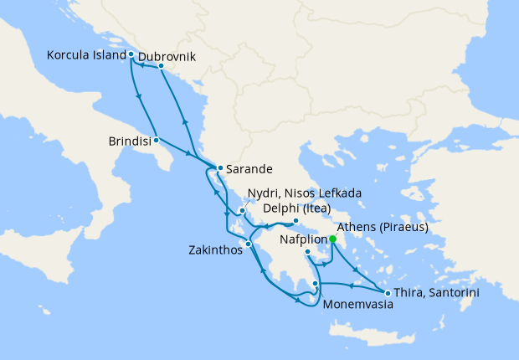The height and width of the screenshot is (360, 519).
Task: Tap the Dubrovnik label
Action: coord(167,56)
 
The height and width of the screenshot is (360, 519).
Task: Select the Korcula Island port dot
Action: coord(131,54)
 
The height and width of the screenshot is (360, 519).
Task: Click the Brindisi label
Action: coord(130,141)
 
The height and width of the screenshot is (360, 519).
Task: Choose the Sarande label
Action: coord(249,167)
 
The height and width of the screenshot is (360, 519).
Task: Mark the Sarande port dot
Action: coord(219,167)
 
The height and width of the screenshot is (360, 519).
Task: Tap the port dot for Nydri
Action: coord(242,210)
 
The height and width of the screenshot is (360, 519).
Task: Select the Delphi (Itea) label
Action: coord(297,208)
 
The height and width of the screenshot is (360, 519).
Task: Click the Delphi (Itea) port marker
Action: coord(295,222)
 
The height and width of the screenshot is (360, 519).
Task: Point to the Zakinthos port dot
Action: coord(248,244)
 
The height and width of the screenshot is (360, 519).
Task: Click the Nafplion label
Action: coord(302,239)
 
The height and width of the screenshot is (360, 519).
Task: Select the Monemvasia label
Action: coord(357,306)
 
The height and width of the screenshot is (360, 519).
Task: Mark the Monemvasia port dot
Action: coord(315,284)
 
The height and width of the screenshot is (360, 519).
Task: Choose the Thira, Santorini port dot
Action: coord(387,292)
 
